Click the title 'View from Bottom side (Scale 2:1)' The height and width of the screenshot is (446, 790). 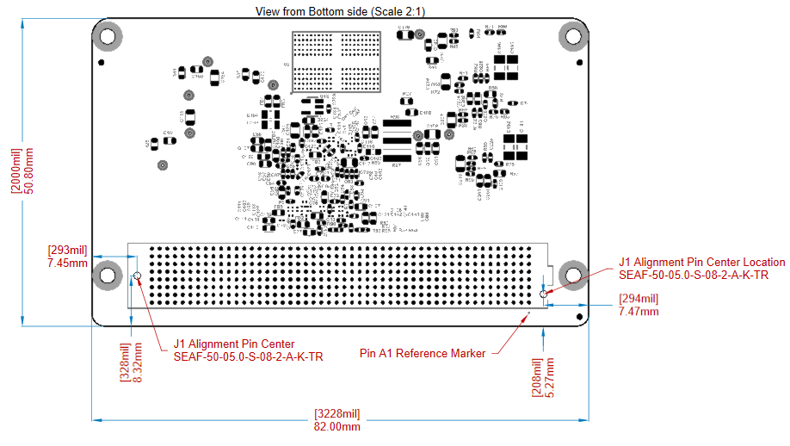(x=341, y=10)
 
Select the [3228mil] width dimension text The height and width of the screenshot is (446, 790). (x=337, y=413)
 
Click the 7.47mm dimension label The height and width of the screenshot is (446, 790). (x=638, y=311)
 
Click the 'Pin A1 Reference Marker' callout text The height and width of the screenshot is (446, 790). (x=422, y=353)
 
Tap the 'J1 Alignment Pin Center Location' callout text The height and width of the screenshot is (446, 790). (x=701, y=263)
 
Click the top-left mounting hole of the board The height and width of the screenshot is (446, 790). (x=108, y=37)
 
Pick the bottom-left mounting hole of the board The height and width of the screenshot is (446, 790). (x=108, y=276)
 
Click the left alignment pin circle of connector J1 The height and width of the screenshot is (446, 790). (x=137, y=276)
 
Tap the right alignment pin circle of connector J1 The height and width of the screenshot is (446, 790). (x=542, y=294)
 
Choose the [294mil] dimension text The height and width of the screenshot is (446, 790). (x=638, y=299)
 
